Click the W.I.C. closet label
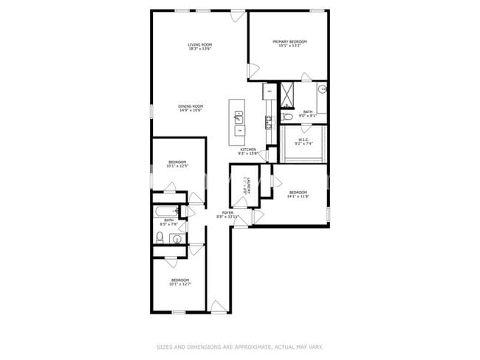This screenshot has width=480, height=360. coord(304,139)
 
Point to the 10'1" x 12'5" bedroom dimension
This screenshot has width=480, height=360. coord(178,166)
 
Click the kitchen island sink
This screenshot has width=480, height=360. coord(239,117)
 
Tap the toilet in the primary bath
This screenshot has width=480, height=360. coord(287,117)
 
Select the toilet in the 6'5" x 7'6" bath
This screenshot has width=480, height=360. coord(159,236)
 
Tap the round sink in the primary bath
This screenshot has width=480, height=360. coord(322,89)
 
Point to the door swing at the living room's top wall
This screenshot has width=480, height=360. coord(253,70)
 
